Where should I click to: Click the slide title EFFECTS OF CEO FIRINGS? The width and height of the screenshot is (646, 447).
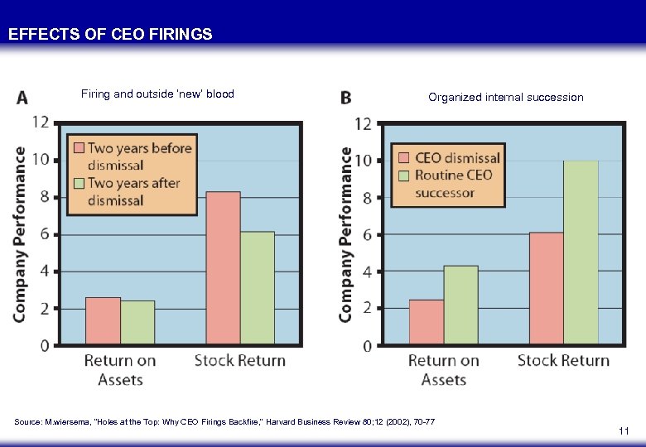click(110, 35)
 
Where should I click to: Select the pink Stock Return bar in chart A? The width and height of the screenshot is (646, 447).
click(223, 268)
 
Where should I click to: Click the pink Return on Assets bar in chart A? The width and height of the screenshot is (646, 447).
click(103, 320)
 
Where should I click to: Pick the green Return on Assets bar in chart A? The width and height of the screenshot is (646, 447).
click(137, 322)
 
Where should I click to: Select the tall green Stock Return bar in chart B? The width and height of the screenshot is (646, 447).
click(581, 252)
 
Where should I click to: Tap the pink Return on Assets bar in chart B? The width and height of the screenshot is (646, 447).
click(426, 322)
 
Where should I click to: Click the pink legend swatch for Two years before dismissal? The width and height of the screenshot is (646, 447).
click(79, 148)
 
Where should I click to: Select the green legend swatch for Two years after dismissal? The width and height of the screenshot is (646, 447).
click(79, 182)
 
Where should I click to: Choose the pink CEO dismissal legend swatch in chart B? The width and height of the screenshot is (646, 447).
click(403, 157)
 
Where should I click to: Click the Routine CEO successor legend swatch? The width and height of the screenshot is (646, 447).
click(403, 175)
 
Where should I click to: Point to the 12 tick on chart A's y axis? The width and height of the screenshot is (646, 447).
click(39, 123)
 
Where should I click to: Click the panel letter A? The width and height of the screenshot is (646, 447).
click(22, 99)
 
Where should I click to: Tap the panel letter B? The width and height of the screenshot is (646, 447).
click(345, 99)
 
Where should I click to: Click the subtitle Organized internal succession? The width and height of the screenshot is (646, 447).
click(505, 98)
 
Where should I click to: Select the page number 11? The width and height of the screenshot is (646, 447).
click(624, 431)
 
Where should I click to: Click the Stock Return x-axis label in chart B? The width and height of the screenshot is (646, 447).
click(563, 361)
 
